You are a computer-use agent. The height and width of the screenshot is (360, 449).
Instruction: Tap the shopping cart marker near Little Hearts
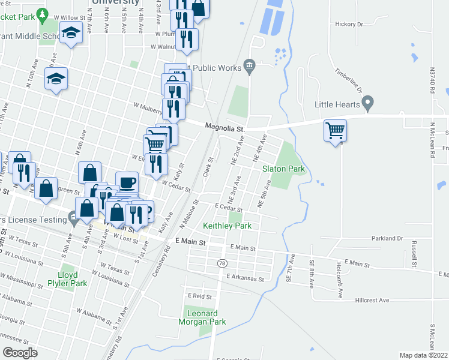coord(335,130)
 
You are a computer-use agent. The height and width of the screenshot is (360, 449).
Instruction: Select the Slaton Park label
coord(283,169)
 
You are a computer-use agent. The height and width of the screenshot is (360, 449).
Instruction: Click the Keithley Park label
coord(227,226)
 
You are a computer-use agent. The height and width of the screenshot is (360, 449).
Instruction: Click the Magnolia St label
coord(225,127)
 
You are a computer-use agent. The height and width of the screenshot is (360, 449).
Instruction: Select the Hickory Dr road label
coord(350,25)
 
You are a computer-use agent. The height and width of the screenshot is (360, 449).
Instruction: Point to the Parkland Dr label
coord(387,238)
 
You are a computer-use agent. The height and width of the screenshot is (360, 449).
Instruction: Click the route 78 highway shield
coord(221,264)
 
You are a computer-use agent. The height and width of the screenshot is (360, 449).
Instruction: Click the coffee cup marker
coord(126,181)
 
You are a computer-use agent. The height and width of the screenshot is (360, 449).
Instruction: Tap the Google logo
coord(20,352)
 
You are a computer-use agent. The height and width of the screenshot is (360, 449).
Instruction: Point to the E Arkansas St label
coord(246,278)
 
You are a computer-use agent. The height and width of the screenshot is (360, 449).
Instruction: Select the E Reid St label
coord(200,296)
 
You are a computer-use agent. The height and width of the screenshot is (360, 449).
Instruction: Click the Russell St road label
coord(414,254)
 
